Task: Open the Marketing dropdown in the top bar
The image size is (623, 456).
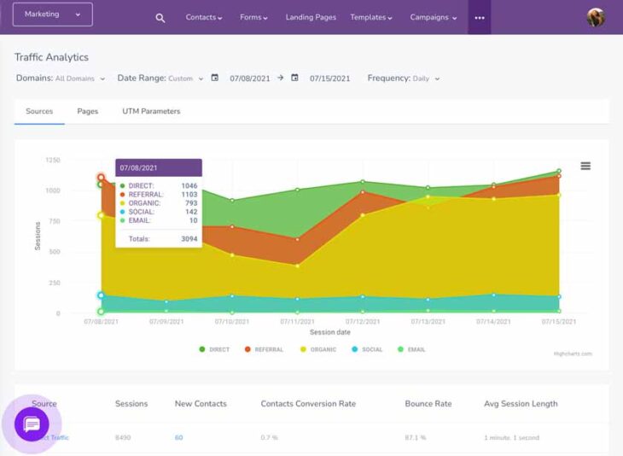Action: click(52, 15)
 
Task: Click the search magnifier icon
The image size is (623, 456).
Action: click(160, 18)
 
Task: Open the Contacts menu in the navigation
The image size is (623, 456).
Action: click(204, 17)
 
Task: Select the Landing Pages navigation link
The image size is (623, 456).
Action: click(311, 17)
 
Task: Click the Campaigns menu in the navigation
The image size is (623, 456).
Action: click(434, 17)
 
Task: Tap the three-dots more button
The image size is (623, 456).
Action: click(480, 17)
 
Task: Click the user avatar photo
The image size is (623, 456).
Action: click(596, 17)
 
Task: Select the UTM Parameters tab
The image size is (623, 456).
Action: click(151, 111)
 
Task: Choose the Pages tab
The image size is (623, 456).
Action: click(87, 111)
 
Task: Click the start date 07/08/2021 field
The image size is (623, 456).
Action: click(249, 79)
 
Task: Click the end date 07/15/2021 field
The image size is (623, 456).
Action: click(329, 79)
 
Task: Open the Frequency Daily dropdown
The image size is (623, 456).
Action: click(404, 79)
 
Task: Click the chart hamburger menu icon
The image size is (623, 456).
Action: click(585, 166)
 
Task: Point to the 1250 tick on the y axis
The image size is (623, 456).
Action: click(53, 160)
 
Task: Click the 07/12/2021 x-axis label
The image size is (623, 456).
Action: click(363, 322)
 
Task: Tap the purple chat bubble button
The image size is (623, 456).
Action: click(32, 424)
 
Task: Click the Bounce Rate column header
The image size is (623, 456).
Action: click(428, 404)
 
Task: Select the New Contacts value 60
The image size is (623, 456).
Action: click(179, 437)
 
